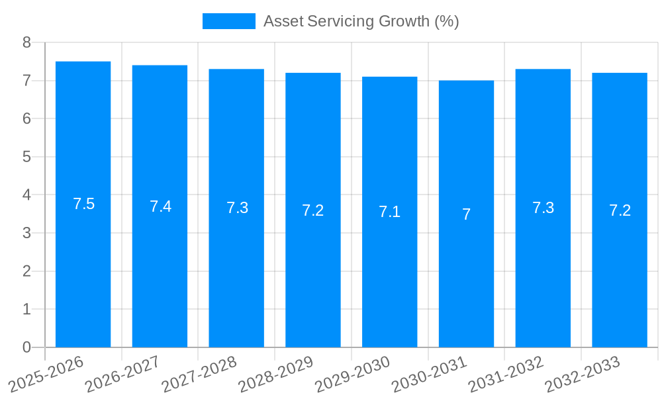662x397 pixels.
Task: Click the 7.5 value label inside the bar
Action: pos(84,204)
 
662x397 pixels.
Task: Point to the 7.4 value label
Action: pos(160,206)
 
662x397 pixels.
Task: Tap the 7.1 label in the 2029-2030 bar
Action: pos(389,212)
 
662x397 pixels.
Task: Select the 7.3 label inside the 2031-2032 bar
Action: pos(543,208)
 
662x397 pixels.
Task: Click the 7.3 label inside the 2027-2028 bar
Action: pos(237,208)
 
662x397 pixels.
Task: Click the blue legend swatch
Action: pos(228,21)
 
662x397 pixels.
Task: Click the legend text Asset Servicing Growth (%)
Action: pos(361,21)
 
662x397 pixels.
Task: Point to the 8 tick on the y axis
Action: pos(26,42)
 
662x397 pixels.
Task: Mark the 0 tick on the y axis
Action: pos(26,347)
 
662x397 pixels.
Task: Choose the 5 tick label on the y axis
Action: pos(26,157)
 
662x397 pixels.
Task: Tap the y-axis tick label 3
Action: pos(26,233)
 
